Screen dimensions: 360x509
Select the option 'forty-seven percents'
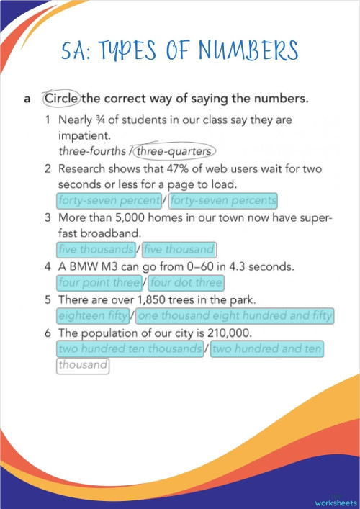point(223,200)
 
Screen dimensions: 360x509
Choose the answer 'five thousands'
point(96,250)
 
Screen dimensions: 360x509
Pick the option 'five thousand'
point(179,250)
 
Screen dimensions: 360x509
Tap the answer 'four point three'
point(99,283)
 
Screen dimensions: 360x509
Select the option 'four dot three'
point(186,283)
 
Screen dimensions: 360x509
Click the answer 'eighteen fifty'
point(94,315)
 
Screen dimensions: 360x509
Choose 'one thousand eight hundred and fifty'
point(235,315)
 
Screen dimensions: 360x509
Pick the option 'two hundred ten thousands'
point(130,348)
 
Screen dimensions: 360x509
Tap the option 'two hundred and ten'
point(267,348)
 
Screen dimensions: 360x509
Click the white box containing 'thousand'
point(84,366)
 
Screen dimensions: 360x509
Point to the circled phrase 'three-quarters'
point(174,151)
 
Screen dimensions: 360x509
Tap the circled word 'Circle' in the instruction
point(62,98)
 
